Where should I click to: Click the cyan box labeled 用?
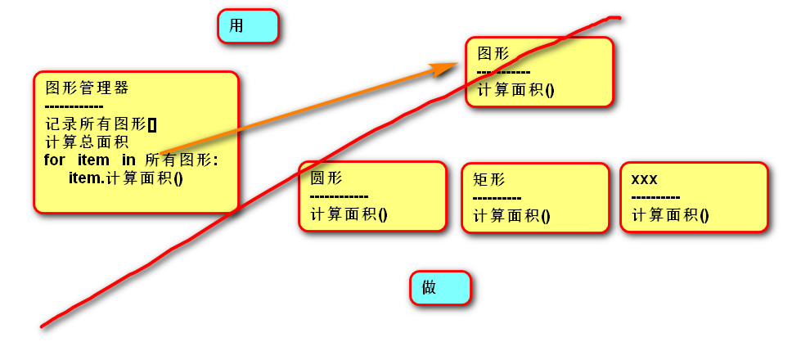pos(248,26)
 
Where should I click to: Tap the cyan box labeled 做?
pos(440,288)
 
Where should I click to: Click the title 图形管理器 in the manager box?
pos(87,88)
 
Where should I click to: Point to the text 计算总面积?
pos(82,142)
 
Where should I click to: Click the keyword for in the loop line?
pos(54,160)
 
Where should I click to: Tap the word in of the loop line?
pos(128,160)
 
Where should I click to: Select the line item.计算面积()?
pos(125,178)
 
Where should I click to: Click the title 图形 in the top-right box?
pos(493,54)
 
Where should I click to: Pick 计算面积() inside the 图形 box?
pos(515,90)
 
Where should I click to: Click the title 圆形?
pos(326,178)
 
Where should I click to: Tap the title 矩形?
pos(489,180)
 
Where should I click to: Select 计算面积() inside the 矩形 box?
pos(511,216)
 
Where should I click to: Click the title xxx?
pos(645,179)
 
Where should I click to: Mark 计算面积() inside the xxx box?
pos(670,215)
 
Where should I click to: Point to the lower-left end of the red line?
pos(43,326)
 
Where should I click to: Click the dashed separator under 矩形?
pos(497,198)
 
